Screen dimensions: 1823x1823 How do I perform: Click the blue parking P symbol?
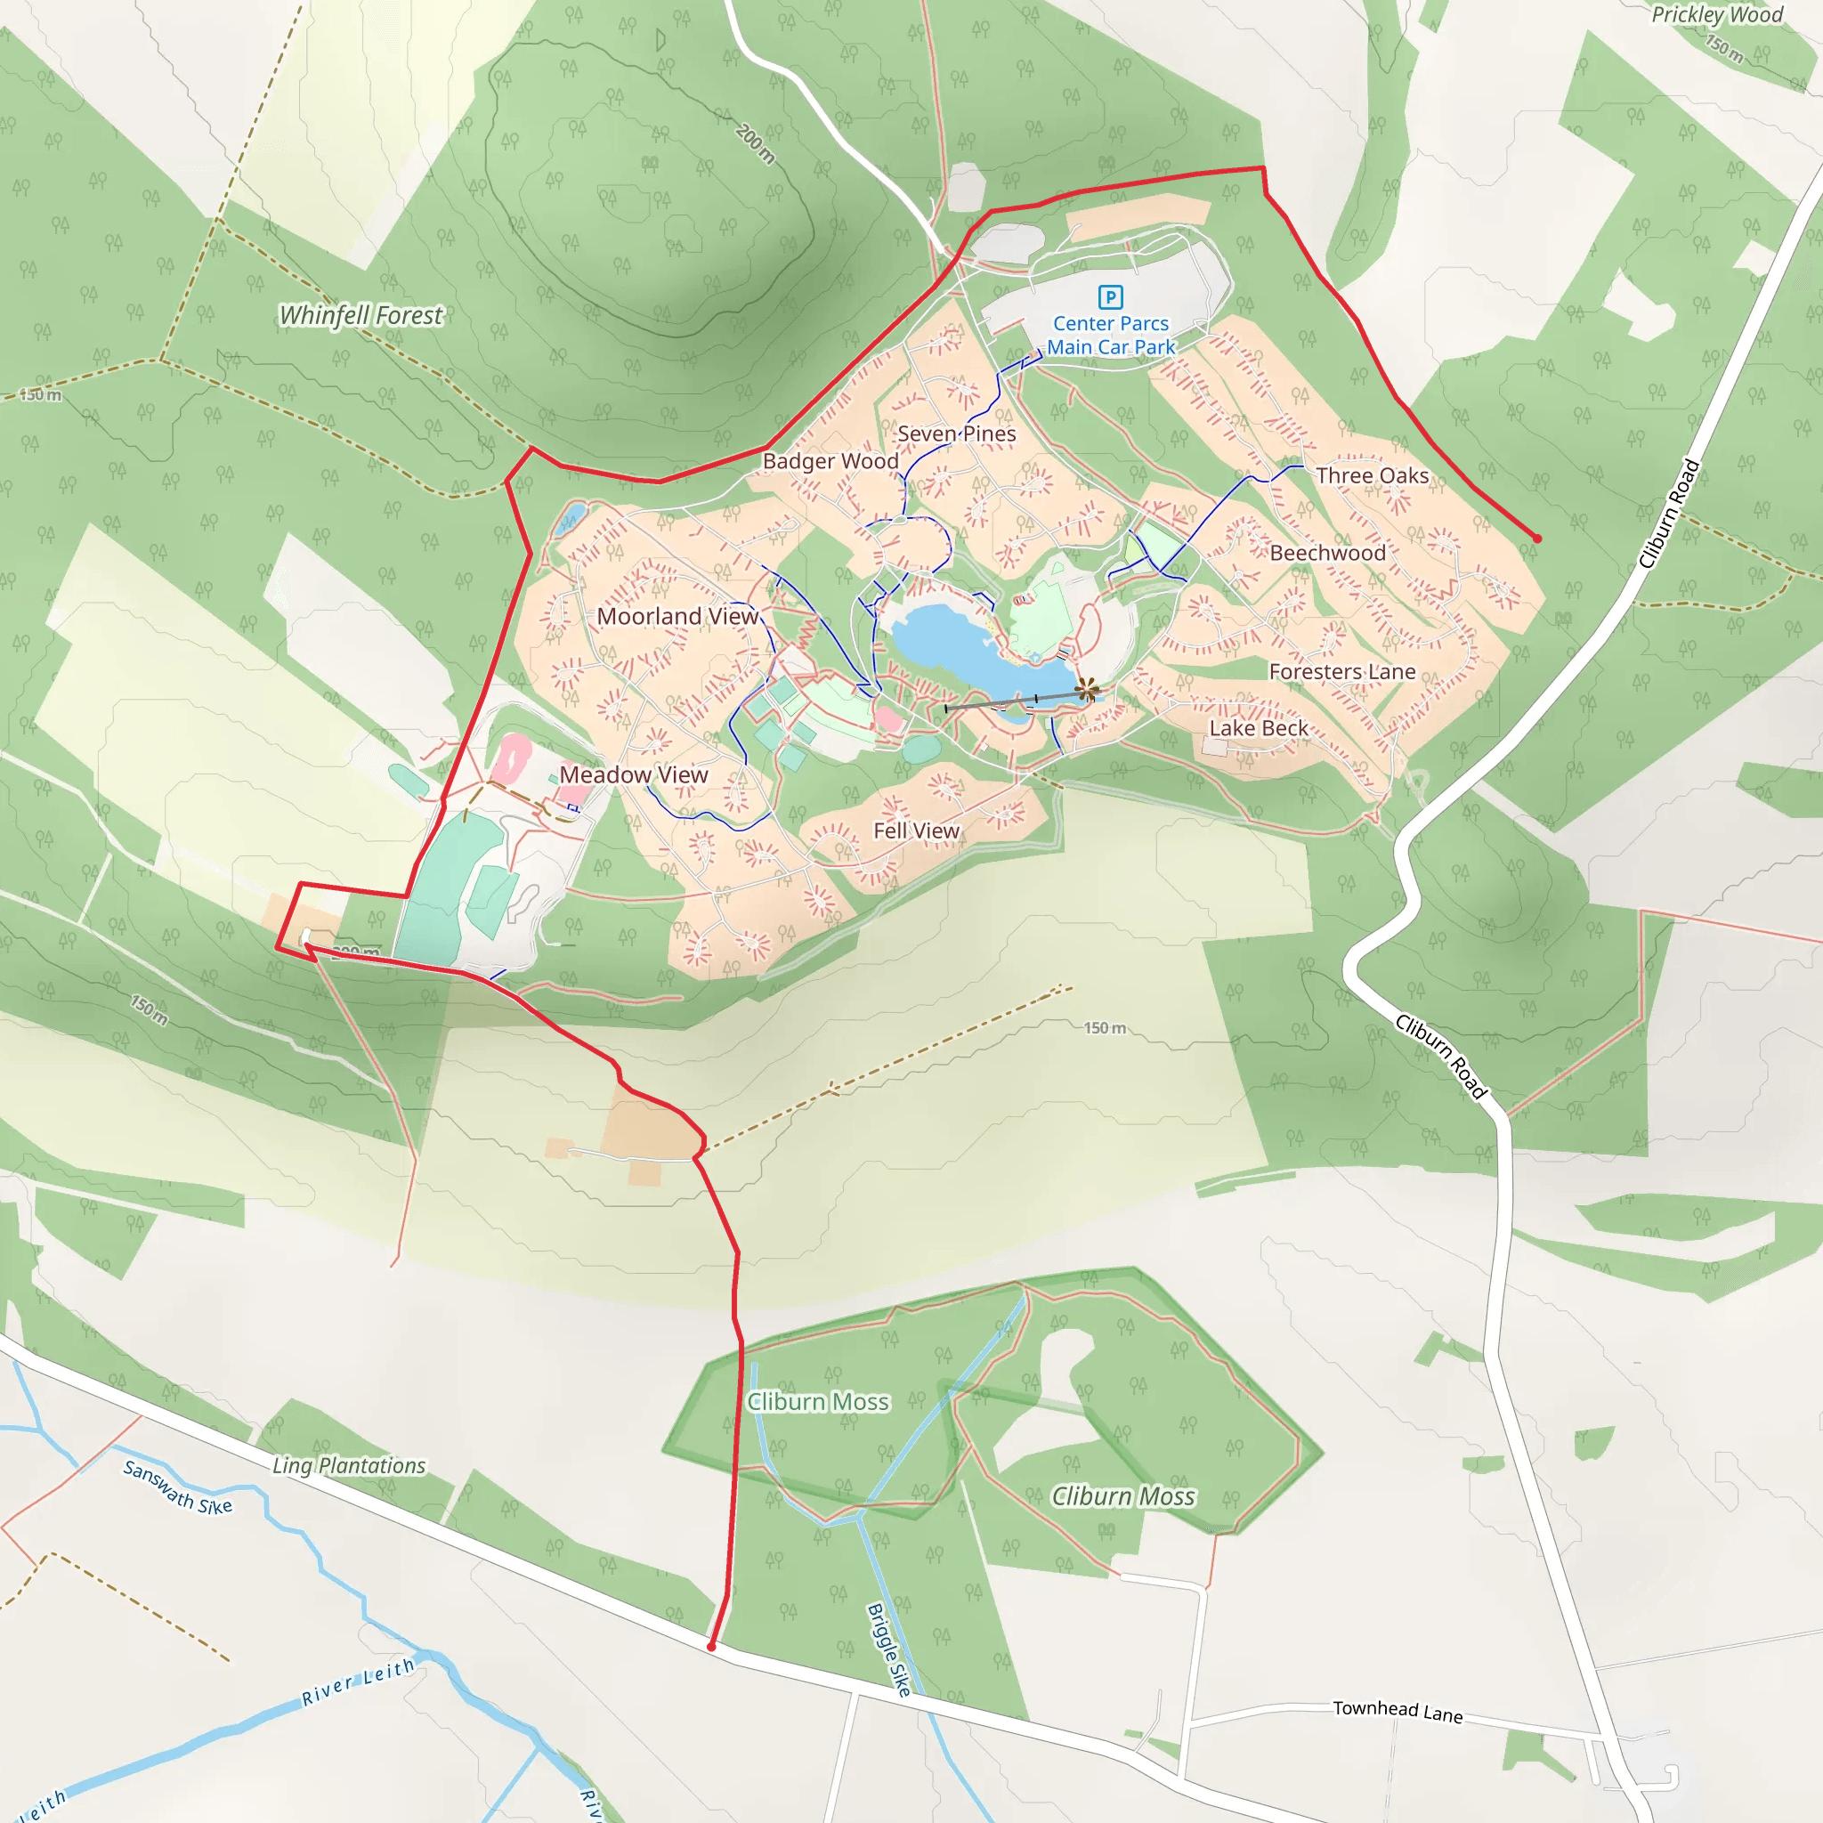click(1111, 297)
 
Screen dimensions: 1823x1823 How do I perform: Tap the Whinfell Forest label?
click(361, 315)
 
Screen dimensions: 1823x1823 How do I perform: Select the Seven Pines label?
click(956, 434)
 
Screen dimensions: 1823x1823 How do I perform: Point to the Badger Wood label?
click(830, 461)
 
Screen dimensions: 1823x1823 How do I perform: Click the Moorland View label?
click(677, 616)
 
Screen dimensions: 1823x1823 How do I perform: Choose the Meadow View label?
click(633, 774)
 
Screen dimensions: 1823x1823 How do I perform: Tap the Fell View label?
click(915, 830)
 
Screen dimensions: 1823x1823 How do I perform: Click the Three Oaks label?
click(1372, 475)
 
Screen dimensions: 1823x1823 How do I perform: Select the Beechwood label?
click(1327, 553)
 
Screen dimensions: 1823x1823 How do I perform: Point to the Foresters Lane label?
click(1341, 672)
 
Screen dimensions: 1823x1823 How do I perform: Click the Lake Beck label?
click(1259, 728)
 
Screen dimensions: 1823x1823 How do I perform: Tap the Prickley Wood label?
click(1716, 14)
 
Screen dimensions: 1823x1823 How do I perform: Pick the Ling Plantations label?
click(349, 1465)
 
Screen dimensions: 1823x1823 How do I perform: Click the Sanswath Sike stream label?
click(177, 1487)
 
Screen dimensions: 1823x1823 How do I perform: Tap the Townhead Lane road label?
click(1398, 1712)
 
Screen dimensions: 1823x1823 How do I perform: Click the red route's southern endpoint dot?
click(711, 1647)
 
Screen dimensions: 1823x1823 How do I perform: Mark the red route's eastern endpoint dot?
click(1537, 539)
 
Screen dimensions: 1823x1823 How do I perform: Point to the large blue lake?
click(972, 651)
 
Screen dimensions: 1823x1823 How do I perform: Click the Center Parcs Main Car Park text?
click(1111, 335)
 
